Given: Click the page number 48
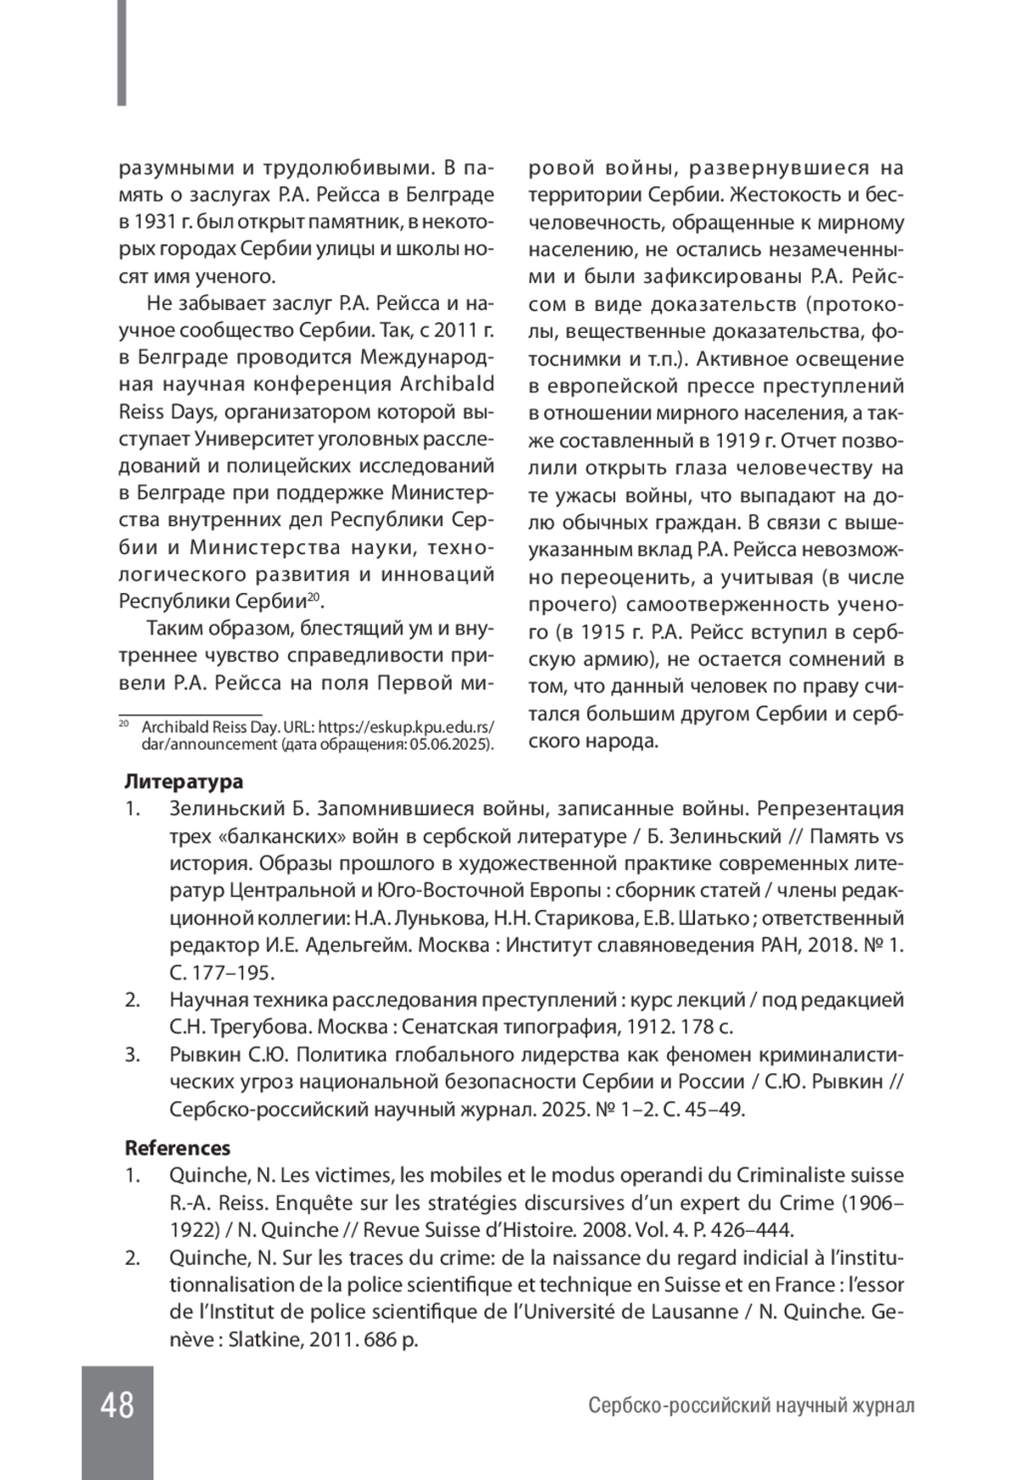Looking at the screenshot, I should [x=117, y=1405].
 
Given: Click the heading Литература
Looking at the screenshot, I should [x=183, y=781].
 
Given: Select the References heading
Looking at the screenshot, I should [x=177, y=1148].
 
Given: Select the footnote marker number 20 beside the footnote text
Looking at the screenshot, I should [x=123, y=725].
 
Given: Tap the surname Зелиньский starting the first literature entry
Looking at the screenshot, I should [x=217, y=808].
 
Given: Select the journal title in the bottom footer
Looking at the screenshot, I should [x=751, y=1406].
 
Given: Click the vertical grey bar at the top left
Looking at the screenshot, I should [x=122, y=53].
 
